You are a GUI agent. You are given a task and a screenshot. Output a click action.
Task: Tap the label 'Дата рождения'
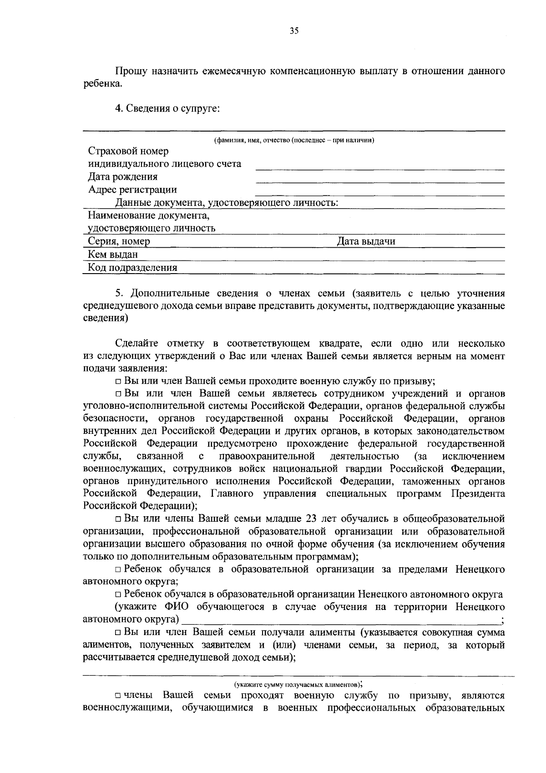pyautogui.click(x=123, y=177)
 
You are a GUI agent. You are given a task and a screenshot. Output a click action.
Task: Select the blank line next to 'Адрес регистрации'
pyautogui.click(x=380, y=194)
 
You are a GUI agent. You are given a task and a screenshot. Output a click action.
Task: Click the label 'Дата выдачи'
pyautogui.click(x=366, y=242)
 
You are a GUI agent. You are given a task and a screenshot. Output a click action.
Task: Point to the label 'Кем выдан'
pyautogui.click(x=112, y=254)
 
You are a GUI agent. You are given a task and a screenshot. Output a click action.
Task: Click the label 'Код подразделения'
pyautogui.click(x=132, y=268)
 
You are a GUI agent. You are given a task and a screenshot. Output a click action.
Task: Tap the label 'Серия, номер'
pyautogui.click(x=119, y=242)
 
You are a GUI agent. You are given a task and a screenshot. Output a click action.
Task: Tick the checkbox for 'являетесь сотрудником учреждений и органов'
pyautogui.click(x=118, y=394)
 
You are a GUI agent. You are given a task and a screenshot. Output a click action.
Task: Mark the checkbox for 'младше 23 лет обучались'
pyautogui.click(x=118, y=519)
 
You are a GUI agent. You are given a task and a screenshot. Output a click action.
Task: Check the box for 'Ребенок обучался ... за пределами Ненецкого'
pyautogui.click(x=118, y=570)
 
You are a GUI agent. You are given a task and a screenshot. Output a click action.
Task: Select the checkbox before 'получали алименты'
pyautogui.click(x=118, y=633)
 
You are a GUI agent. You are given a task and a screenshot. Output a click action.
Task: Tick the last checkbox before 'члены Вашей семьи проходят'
pyautogui.click(x=118, y=696)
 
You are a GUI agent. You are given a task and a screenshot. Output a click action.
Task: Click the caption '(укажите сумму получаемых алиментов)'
pyautogui.click(x=298, y=684)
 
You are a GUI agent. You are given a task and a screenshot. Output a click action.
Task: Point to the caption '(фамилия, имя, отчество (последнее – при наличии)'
pyautogui.click(x=294, y=140)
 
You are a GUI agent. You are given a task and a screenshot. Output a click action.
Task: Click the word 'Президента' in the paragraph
pyautogui.click(x=478, y=493)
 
